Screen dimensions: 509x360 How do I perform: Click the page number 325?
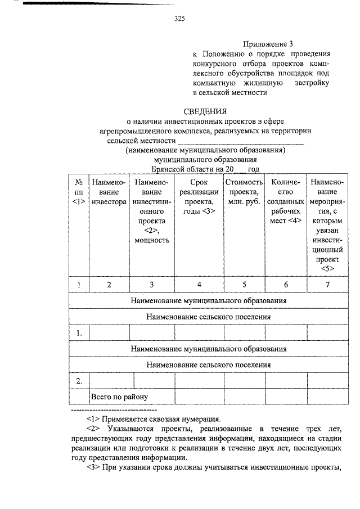179,19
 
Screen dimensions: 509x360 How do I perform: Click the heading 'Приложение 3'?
268,43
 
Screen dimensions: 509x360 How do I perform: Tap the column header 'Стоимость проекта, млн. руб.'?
244,192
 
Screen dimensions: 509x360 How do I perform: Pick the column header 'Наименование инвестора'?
109,192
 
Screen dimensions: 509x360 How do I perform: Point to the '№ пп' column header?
79,192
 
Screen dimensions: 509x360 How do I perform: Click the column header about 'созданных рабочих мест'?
286,201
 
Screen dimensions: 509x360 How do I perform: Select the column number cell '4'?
199,285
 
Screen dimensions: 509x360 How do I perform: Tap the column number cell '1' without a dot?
79,285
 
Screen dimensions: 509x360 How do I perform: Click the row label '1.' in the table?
79,334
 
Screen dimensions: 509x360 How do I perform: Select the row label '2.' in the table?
79,381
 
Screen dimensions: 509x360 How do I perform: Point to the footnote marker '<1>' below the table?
94,418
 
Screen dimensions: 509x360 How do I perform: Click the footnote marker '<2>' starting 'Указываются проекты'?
94,429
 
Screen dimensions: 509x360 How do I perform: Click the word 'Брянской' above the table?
169,169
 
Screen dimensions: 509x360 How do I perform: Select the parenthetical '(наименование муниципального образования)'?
206,150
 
